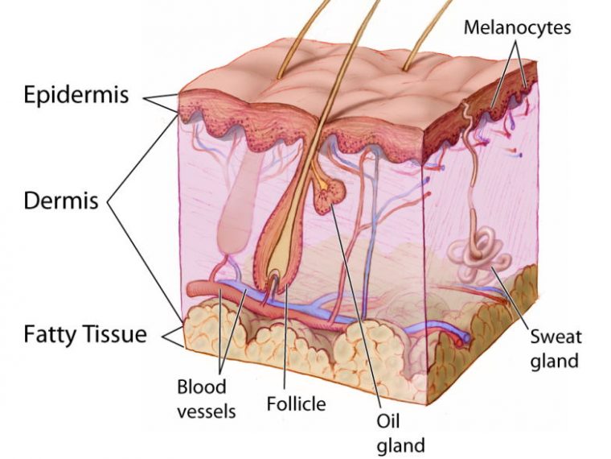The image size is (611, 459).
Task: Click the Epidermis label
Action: click(x=76, y=94)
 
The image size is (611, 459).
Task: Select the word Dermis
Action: click(x=61, y=201)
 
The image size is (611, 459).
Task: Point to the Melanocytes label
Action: click(x=517, y=27)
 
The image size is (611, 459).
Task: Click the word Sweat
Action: click(x=556, y=337)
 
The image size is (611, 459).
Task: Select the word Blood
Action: click(x=202, y=387)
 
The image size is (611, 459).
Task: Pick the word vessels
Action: click(x=207, y=411)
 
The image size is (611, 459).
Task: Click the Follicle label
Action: click(x=296, y=403)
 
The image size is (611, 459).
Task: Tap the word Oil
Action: click(x=388, y=420)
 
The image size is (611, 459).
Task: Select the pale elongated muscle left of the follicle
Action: click(x=236, y=203)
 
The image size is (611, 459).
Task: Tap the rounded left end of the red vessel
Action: click(x=191, y=290)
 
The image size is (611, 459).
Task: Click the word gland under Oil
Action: click(x=401, y=445)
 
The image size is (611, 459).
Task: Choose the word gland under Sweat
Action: click(x=554, y=361)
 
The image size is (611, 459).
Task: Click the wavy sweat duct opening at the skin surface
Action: click(x=466, y=113)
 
